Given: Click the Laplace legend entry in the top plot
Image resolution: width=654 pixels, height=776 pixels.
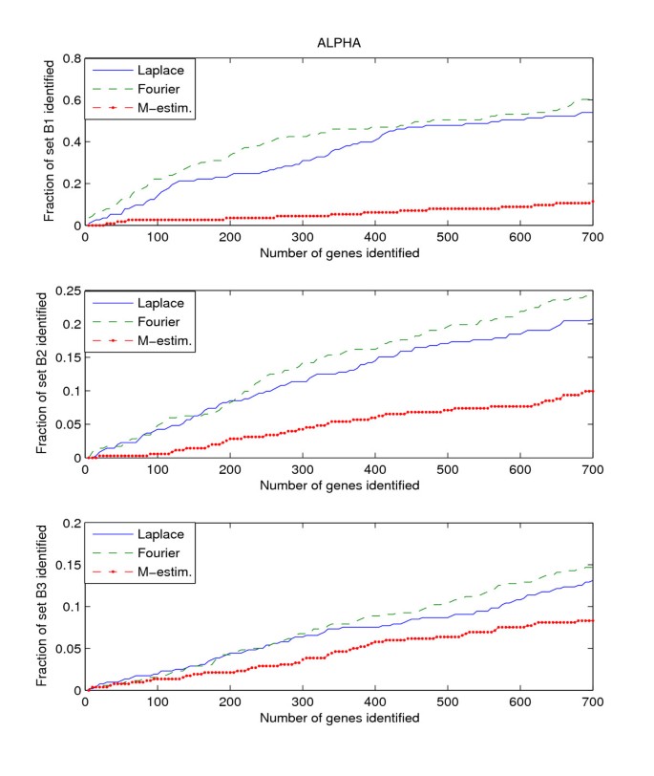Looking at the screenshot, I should click(157, 69).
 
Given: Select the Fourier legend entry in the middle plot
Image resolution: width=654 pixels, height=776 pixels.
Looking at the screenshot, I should click(156, 321).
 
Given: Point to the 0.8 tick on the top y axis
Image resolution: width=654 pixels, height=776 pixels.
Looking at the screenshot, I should click(71, 58).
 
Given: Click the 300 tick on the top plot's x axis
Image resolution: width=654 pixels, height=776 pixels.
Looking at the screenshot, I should click(303, 237).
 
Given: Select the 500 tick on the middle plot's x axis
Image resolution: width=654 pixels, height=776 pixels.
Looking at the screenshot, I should click(448, 469).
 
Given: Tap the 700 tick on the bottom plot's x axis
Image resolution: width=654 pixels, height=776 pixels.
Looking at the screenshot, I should click(592, 701).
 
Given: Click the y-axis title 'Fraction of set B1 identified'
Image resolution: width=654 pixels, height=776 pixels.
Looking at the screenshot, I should click(49, 141).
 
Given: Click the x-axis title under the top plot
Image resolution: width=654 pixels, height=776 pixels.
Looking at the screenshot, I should click(339, 252).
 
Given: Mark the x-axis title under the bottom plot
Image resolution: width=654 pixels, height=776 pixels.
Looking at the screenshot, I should click(339, 717).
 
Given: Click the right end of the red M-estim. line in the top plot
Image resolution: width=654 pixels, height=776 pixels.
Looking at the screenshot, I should click(592, 202).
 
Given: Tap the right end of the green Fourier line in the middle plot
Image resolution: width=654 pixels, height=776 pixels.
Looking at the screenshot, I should click(592, 295).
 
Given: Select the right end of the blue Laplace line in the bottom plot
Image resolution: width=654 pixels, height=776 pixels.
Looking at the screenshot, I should click(592, 580).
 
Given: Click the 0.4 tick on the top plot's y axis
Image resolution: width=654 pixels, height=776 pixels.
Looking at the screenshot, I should click(71, 141).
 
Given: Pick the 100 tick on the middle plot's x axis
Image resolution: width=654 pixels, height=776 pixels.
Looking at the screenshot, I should click(158, 469).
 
